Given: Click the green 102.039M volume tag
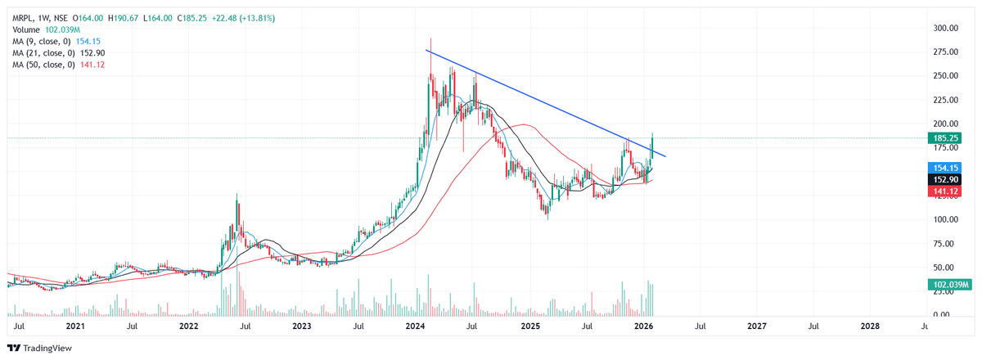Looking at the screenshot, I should [949, 285].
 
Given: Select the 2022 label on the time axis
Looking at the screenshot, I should [189, 326].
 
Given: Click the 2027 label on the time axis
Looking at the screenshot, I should [757, 326].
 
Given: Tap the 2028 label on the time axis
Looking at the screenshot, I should [870, 326].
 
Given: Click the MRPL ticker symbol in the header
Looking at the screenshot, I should [24, 17].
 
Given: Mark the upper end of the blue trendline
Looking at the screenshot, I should [426, 51].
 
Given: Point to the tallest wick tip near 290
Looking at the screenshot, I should [430, 38].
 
